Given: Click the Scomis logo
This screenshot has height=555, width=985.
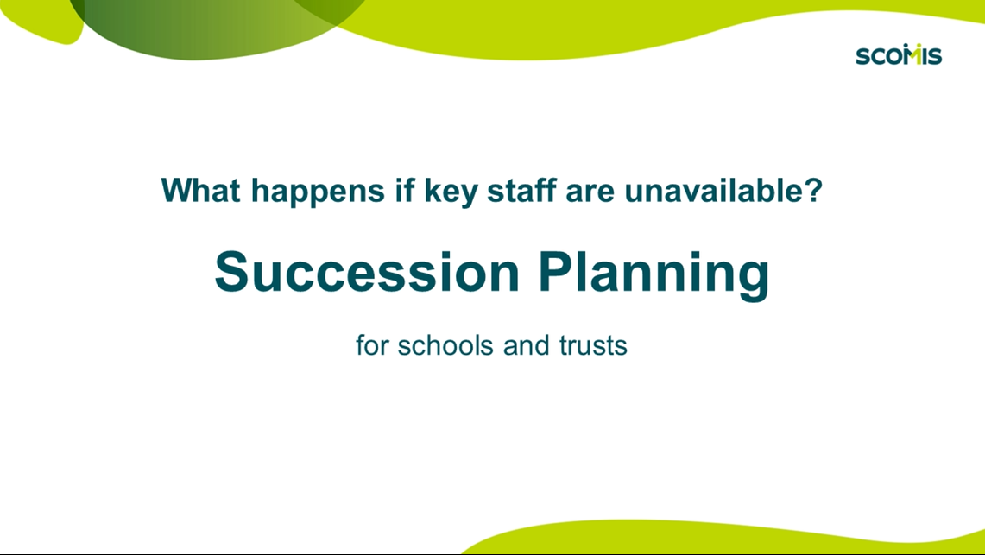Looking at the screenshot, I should (x=898, y=54).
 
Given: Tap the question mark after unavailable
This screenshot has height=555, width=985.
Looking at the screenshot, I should (x=811, y=190).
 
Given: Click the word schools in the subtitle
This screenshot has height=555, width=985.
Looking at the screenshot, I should (x=445, y=346).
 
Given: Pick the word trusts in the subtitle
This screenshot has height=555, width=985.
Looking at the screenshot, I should (x=591, y=346).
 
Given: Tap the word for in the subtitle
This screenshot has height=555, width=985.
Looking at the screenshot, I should (x=372, y=346).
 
